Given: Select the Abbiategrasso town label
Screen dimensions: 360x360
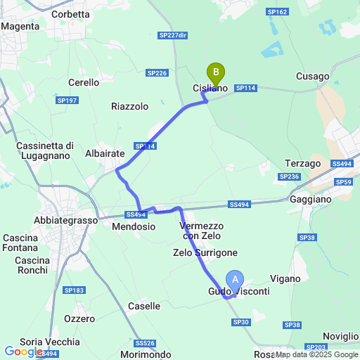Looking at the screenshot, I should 65,219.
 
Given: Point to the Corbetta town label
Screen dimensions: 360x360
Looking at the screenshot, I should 70,14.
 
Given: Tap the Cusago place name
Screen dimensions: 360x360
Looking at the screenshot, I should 312,76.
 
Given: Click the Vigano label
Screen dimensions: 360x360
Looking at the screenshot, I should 285,278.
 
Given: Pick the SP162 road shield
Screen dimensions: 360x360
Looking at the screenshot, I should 278,12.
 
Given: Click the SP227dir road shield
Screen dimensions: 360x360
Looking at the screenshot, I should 172,35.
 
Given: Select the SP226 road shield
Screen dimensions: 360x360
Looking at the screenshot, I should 157,72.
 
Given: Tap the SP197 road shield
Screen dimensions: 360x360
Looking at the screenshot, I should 67,101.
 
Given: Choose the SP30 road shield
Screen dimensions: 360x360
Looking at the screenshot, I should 240,321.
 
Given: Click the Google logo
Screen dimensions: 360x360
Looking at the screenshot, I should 23,351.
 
